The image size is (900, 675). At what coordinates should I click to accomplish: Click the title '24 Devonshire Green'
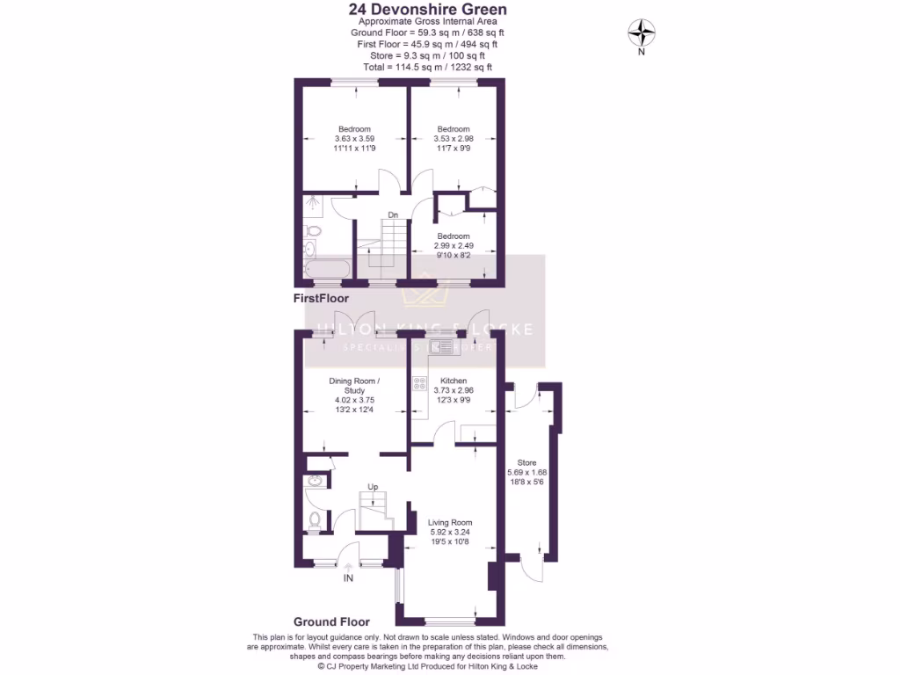pos(427,10)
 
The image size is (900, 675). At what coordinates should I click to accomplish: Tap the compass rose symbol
pos(642,33)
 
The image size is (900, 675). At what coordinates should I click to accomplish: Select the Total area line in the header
pos(427,67)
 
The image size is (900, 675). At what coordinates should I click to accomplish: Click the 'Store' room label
pos(526,462)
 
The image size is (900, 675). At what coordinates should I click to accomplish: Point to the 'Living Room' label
pos(450,523)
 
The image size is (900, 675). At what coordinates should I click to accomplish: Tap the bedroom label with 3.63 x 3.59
pos(354,129)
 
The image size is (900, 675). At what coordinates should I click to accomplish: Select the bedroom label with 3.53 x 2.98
pos(454,129)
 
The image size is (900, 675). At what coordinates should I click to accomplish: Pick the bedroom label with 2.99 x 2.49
pos(454,236)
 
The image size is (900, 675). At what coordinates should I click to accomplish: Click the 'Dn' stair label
pos(393,214)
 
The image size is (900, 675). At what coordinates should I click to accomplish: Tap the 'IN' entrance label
pos(348,577)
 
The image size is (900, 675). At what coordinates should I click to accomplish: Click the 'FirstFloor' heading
pos(321,299)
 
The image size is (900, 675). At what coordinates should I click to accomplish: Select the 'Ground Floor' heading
pos(331,621)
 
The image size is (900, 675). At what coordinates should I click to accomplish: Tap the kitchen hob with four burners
pos(419,383)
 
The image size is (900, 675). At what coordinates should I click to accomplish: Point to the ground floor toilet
pos(315,520)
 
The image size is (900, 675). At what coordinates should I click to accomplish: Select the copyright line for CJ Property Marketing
pos(427,666)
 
